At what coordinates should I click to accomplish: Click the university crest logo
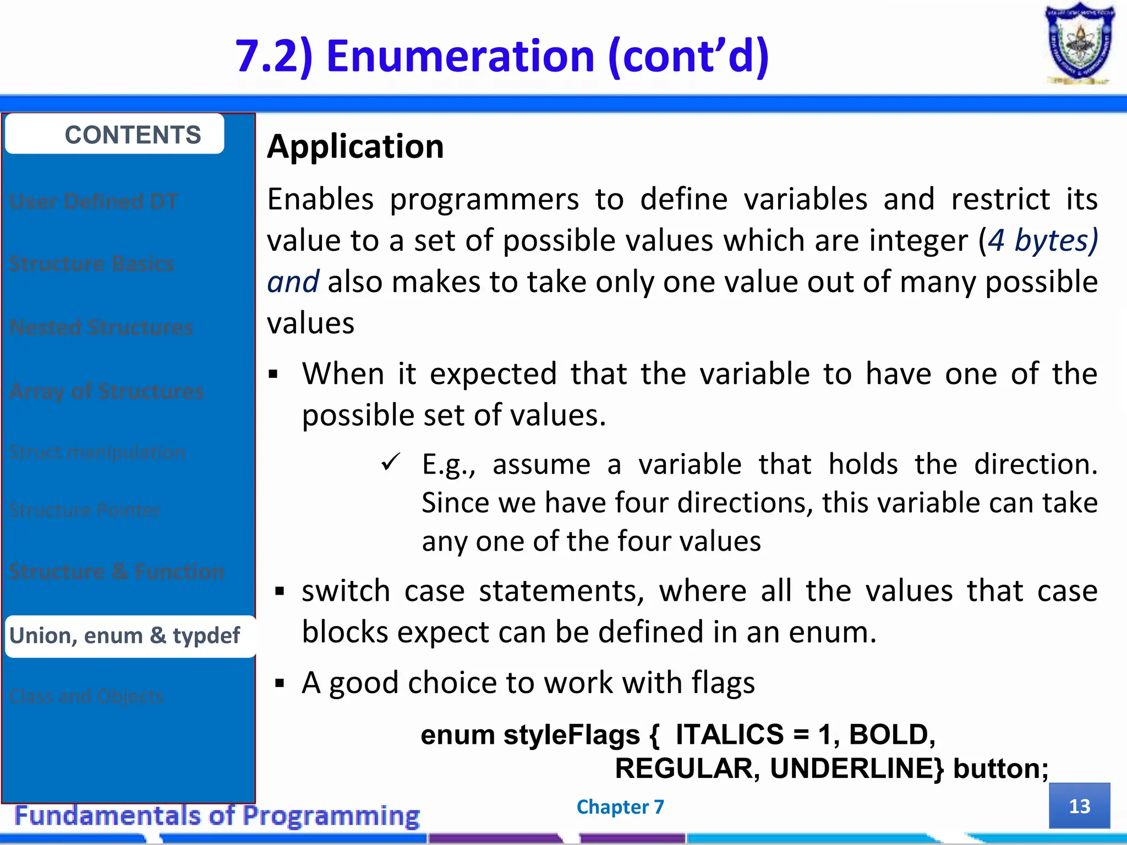coord(1079,44)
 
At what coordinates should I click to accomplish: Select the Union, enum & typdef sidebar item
coord(125,636)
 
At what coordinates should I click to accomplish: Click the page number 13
coord(1079,806)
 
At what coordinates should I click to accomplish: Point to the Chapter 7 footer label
coord(620,806)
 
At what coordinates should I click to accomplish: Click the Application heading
coord(355,147)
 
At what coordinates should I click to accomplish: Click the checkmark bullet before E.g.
coord(391,463)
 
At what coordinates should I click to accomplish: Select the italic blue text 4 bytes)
coord(1043,240)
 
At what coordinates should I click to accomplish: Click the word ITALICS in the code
coord(730,734)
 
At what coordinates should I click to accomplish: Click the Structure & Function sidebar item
coord(117,572)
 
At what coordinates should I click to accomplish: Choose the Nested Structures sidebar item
coord(102,328)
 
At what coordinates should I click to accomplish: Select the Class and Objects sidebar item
coord(86,696)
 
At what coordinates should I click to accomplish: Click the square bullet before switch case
coord(280,592)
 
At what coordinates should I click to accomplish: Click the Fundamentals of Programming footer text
coord(217,815)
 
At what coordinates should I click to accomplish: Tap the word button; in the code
coord(1000,769)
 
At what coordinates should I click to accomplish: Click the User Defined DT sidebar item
coord(94,202)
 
